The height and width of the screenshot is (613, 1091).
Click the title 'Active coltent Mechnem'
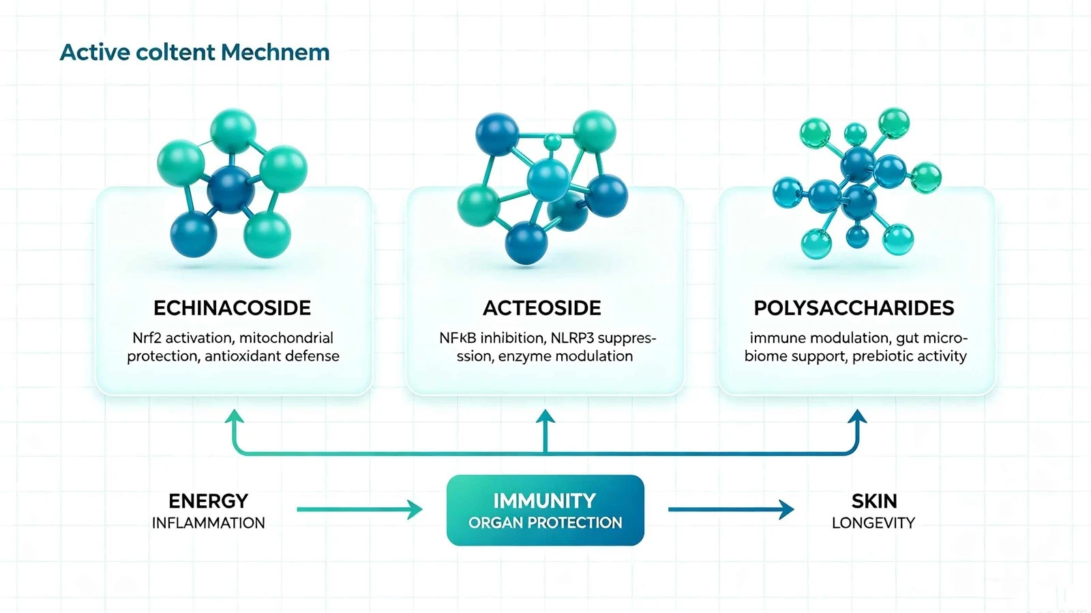[194, 53]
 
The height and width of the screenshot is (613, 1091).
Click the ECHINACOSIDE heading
[233, 308]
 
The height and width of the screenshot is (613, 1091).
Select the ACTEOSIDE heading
[542, 308]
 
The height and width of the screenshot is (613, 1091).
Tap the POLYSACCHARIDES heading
[854, 308]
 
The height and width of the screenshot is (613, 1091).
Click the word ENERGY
[209, 501]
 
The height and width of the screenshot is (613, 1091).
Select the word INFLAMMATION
[209, 523]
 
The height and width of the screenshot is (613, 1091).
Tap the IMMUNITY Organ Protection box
[545, 510]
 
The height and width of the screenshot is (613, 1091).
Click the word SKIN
[874, 501]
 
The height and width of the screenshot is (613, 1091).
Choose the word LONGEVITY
[873, 523]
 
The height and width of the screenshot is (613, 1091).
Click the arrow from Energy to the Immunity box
[359, 510]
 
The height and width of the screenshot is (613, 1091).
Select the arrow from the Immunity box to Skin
[731, 510]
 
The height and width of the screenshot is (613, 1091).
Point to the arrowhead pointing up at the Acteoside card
[545, 417]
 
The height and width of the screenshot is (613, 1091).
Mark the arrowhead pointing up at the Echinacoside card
[235, 417]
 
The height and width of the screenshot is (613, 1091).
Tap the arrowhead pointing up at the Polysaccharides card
[857, 417]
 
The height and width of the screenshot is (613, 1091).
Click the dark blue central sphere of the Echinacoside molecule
[230, 190]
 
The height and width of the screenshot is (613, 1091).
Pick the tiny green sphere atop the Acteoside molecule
[552, 142]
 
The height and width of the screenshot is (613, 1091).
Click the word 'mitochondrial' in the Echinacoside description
[286, 338]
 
